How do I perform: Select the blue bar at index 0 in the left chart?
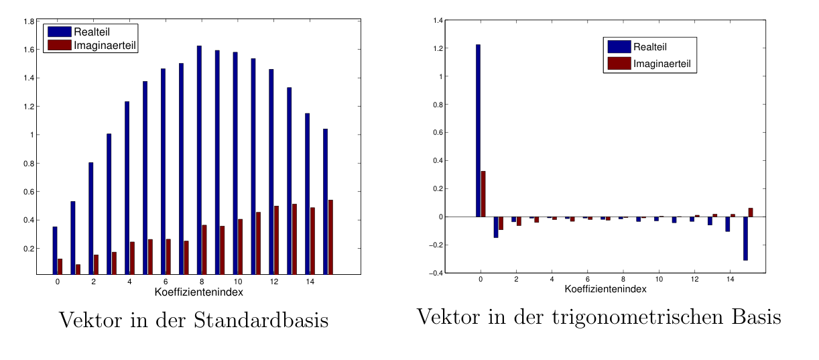55,250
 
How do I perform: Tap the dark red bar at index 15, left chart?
330,237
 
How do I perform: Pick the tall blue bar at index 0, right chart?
478,131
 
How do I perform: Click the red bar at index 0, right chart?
483,194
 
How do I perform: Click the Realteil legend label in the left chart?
91,32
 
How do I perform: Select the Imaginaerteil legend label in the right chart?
661,64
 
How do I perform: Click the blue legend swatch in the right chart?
619,46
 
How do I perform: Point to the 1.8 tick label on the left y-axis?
29,21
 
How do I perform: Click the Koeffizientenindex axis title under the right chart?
605,289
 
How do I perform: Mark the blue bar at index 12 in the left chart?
271,171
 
